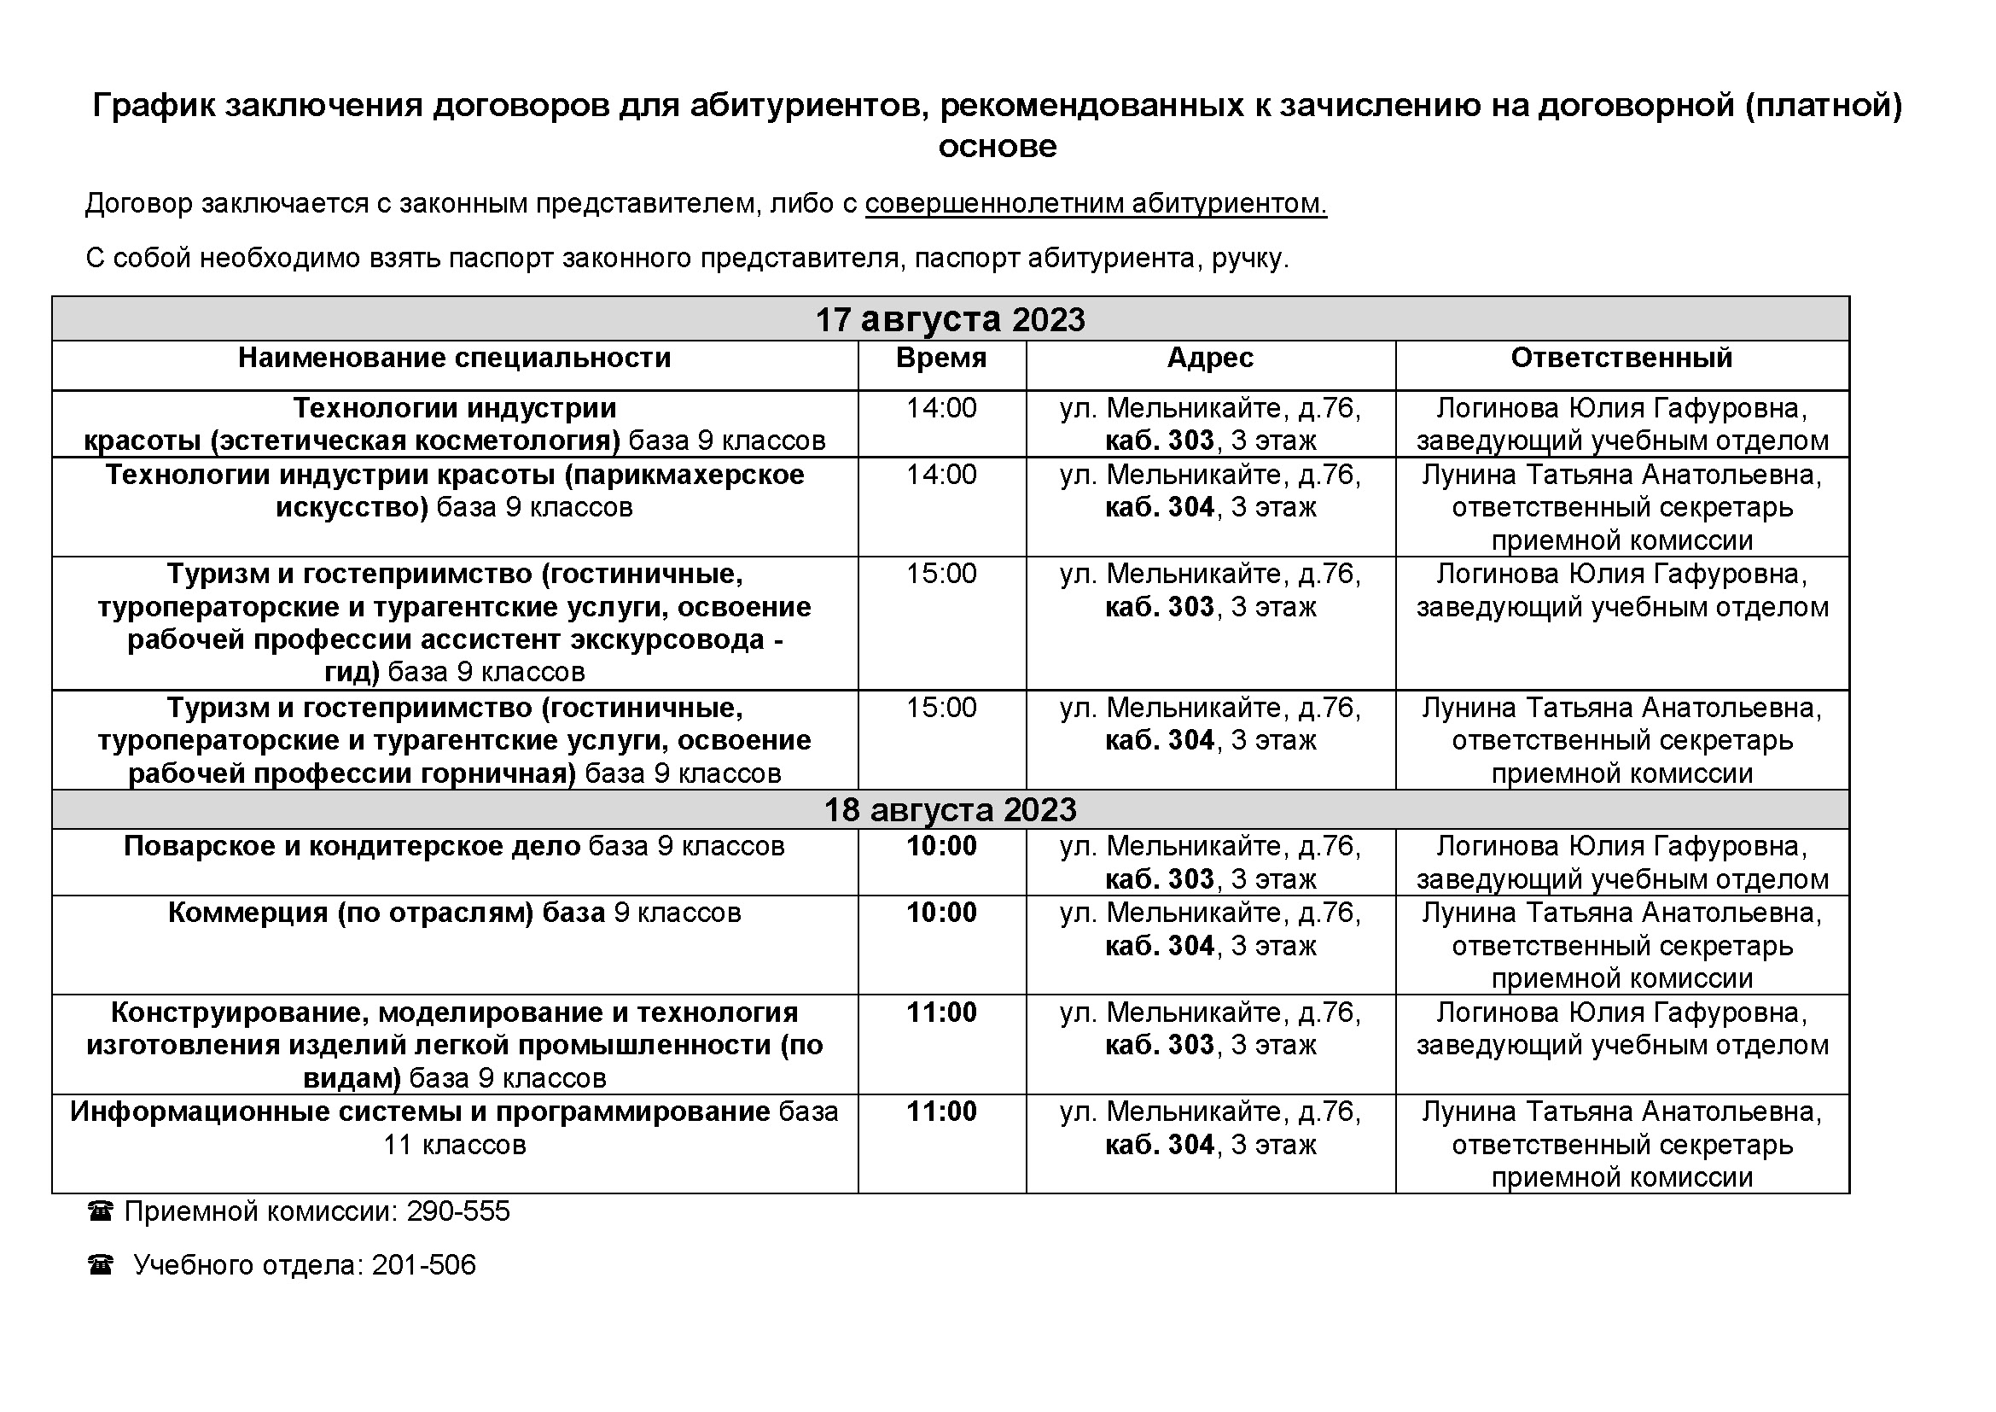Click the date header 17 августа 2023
point(949,319)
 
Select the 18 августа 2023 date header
point(949,809)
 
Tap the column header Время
point(941,359)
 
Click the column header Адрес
point(1210,359)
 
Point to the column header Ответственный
point(1621,359)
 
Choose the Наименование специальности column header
point(455,359)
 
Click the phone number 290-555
point(458,1211)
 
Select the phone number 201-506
point(424,1265)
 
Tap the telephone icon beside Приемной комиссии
point(101,1211)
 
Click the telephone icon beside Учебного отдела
point(101,1265)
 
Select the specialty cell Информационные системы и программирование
point(455,1128)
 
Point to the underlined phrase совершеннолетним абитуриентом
point(1096,203)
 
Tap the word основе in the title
point(997,146)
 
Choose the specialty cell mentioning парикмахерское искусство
point(455,491)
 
